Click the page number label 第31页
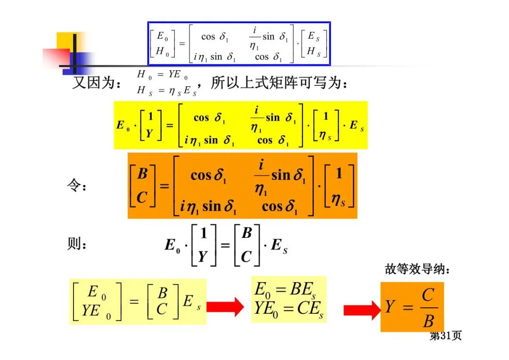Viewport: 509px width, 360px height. click(445, 335)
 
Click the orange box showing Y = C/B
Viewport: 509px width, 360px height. click(412, 307)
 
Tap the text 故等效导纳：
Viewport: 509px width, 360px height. click(418, 270)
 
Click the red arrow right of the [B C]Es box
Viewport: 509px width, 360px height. click(225, 308)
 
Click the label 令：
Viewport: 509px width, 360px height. click(77, 187)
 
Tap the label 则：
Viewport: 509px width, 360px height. click(77, 245)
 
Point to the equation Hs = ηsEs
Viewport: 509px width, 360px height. click(166, 91)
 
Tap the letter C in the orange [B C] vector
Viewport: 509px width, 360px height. click(142, 197)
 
